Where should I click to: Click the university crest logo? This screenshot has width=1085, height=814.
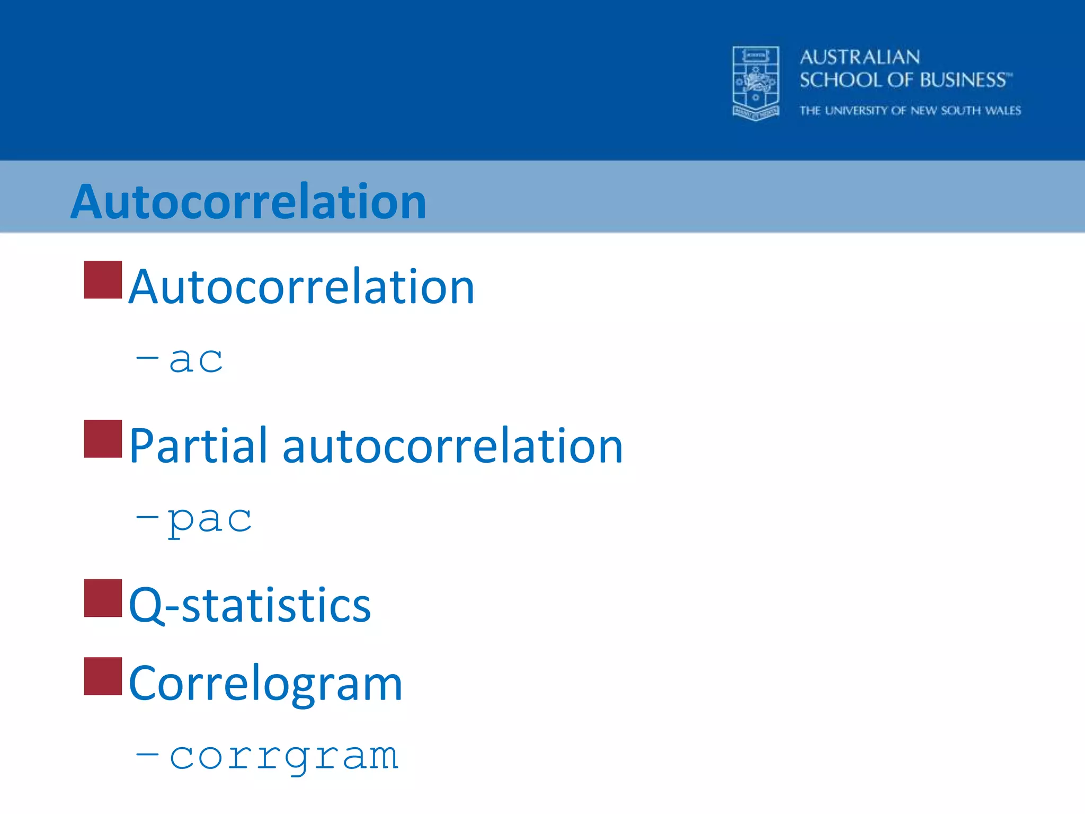click(755, 83)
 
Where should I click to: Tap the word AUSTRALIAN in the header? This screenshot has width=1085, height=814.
click(859, 57)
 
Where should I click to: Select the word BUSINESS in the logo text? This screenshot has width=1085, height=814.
click(963, 80)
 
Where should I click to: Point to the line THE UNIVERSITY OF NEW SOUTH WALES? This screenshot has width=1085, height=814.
click(910, 111)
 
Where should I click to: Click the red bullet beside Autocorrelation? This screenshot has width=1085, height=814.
click(103, 280)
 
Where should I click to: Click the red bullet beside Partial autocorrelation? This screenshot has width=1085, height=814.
click(103, 439)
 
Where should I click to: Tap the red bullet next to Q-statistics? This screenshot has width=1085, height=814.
click(103, 598)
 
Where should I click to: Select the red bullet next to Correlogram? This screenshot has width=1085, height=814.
click(103, 676)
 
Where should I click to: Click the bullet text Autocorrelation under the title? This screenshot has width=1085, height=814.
click(301, 287)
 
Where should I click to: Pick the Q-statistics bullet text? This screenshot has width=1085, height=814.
click(250, 605)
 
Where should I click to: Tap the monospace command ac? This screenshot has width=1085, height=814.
click(195, 360)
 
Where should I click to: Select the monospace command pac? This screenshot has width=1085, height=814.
click(209, 519)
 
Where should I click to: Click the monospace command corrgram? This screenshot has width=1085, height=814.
click(283, 757)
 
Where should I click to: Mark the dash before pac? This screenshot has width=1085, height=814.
click(147, 515)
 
